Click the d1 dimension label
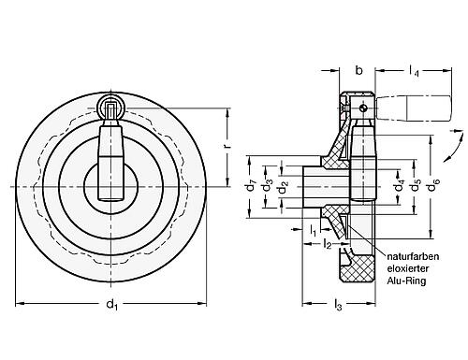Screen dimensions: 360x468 click(112, 304)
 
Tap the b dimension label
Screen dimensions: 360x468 click(359, 68)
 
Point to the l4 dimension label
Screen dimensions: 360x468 click(413, 68)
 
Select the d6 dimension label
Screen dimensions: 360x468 click(433, 184)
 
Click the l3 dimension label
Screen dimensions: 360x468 click(339, 304)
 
